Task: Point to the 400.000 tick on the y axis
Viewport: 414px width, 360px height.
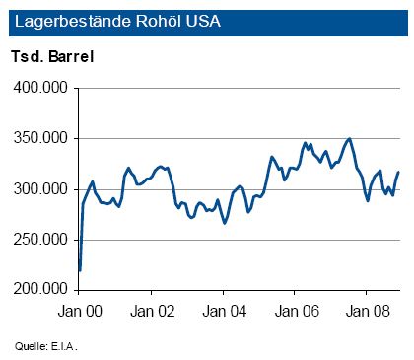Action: click(x=40, y=88)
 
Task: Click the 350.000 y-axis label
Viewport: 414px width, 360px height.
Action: click(x=40, y=138)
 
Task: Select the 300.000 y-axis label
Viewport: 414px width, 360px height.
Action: click(x=40, y=188)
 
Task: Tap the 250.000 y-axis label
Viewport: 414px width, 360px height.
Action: click(x=40, y=239)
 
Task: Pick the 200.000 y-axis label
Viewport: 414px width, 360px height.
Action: click(x=40, y=289)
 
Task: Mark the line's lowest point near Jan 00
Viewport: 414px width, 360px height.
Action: click(x=80, y=269)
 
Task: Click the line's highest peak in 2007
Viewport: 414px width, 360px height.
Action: click(x=349, y=139)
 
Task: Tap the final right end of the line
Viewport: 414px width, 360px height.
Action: click(x=398, y=173)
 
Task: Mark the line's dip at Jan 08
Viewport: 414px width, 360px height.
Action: click(x=368, y=200)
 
